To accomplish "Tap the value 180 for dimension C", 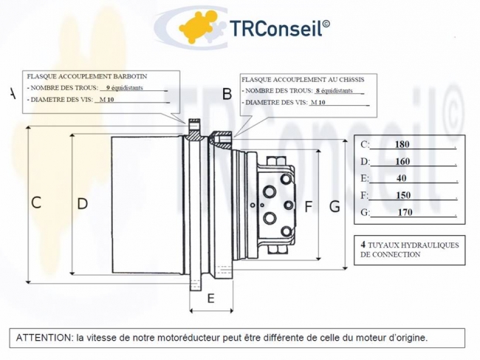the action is [x=402, y=144].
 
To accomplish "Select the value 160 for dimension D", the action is [x=402, y=161].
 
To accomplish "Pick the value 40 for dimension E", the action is [x=401, y=178].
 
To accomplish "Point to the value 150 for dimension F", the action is [x=403, y=195].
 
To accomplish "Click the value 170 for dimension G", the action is [x=405, y=212].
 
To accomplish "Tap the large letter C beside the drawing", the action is [x=36, y=203].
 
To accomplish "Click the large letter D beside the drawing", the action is [x=83, y=204].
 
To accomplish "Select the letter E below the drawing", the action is [x=211, y=298].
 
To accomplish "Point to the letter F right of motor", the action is [x=308, y=206].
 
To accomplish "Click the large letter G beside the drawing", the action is [x=335, y=206].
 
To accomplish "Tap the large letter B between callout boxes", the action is [x=227, y=94].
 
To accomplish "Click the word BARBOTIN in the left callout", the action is [x=130, y=76].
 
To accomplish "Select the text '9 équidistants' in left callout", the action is [x=124, y=88].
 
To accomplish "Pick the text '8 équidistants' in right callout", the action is [x=335, y=91].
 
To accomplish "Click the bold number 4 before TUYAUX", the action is [x=363, y=245].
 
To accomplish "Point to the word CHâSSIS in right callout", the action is [x=352, y=80].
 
